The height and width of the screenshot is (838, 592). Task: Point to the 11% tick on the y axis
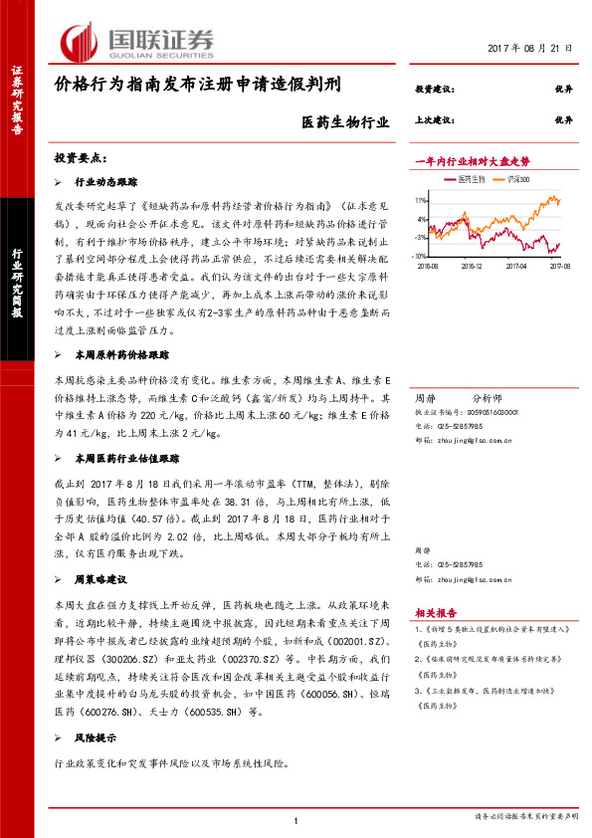click(x=422, y=199)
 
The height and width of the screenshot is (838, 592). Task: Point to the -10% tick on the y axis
click(x=421, y=256)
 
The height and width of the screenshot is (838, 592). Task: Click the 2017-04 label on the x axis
click(x=515, y=266)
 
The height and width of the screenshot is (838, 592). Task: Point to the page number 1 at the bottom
click(x=296, y=818)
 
